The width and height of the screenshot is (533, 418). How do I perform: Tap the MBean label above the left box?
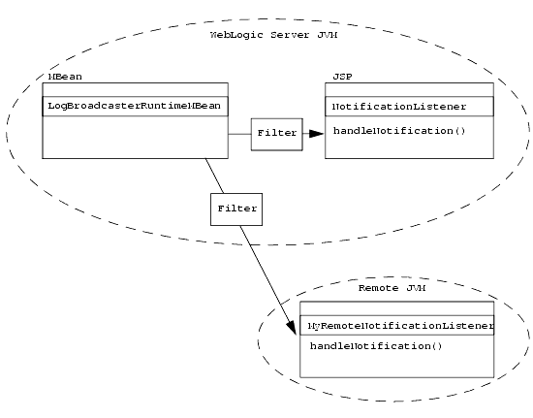click(58, 76)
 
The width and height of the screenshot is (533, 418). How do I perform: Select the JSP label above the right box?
click(342, 76)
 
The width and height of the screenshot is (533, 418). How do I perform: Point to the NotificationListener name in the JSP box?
click(399, 106)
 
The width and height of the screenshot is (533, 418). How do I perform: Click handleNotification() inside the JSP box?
click(392, 130)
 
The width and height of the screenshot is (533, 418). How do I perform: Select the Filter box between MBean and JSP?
click(277, 133)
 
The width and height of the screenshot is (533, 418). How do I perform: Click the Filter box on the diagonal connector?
click(236, 209)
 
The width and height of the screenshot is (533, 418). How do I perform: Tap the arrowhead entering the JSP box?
click(316, 134)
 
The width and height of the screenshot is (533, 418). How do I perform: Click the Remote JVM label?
click(392, 289)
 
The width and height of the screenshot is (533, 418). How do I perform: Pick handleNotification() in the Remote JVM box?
click(369, 346)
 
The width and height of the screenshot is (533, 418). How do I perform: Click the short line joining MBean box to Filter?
click(239, 134)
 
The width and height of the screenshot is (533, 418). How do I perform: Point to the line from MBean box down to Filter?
click(215, 176)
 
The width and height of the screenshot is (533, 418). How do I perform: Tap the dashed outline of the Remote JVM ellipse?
click(259, 339)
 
